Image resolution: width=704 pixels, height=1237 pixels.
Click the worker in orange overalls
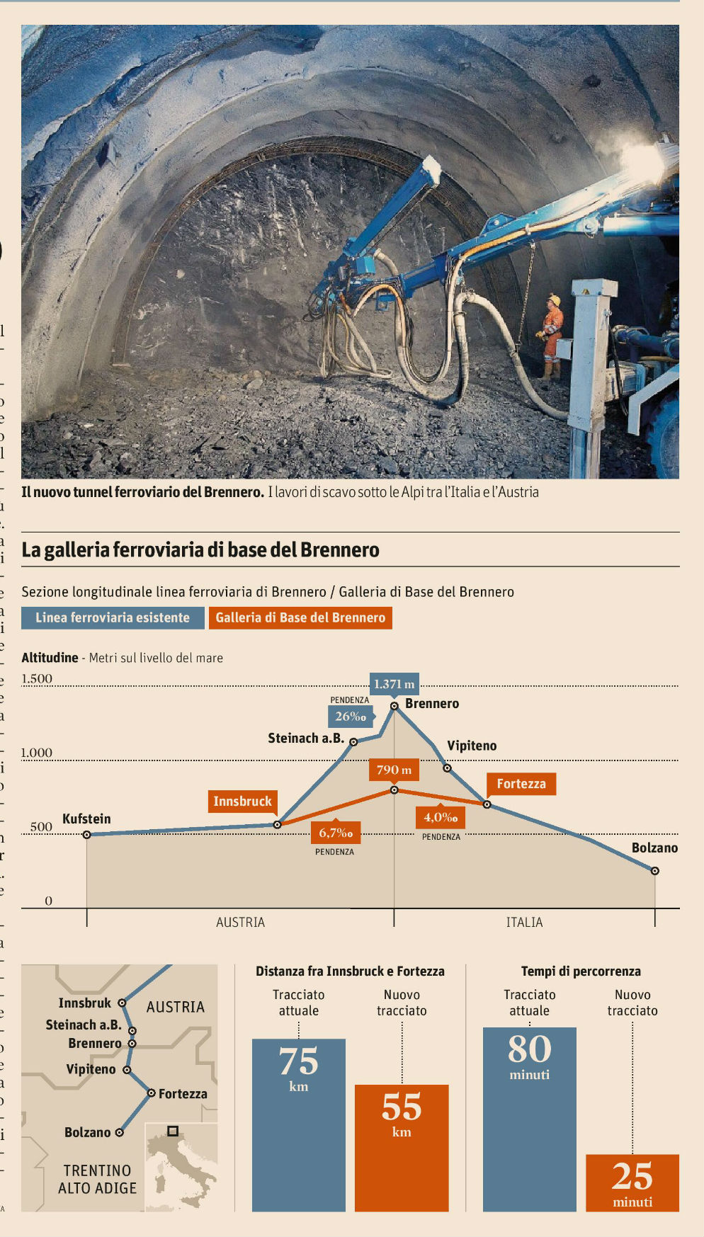551,334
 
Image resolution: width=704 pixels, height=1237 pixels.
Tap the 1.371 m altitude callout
394,683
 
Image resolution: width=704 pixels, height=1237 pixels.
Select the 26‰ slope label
351,716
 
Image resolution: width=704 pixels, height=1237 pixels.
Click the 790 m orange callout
394,770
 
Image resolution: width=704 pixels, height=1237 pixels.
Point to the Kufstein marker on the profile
87,835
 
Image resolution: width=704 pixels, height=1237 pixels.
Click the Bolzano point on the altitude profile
654,871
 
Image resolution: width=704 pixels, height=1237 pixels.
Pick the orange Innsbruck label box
242,801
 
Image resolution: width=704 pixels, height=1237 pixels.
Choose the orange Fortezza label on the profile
521,784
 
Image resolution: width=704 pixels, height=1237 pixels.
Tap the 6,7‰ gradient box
335,833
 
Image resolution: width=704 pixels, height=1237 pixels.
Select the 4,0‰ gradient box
441,817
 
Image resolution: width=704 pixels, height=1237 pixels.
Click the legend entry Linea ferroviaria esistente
113,617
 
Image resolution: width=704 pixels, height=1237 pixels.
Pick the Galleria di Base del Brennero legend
300,617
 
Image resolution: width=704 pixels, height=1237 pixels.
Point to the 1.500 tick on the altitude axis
37,678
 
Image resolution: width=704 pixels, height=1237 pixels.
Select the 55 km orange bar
402,1147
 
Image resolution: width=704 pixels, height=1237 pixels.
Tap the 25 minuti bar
632,1182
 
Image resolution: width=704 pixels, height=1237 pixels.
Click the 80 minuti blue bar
529,1119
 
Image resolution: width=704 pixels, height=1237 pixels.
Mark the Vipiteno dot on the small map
127,1070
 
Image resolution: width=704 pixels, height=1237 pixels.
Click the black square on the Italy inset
172,1131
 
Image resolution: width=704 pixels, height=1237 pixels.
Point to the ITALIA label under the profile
524,922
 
